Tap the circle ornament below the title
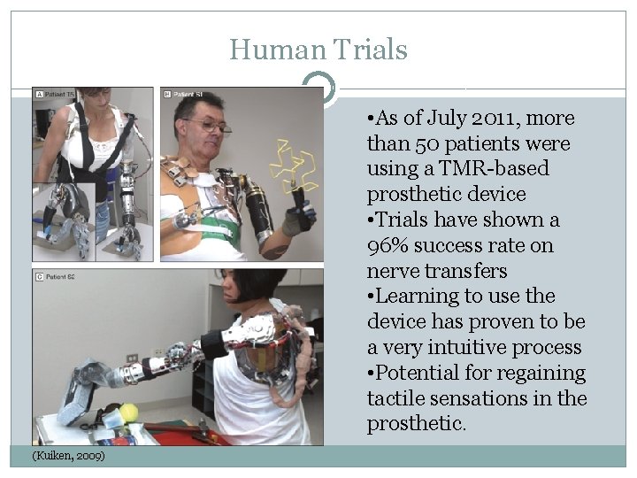tap(318, 89)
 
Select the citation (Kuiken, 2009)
tap(68, 455)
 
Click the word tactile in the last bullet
tap(394, 399)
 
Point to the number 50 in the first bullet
tap(419, 143)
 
